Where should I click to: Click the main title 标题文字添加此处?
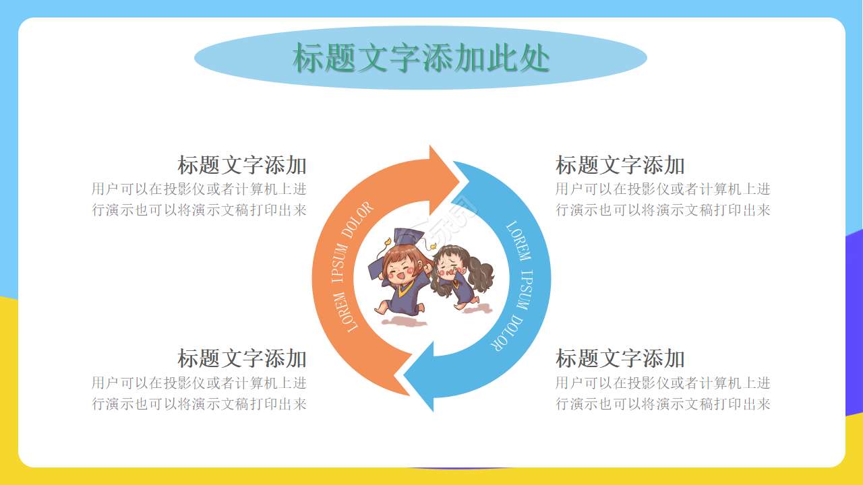point(421,58)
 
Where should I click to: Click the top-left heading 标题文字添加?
point(242,165)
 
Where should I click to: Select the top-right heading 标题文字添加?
point(620,165)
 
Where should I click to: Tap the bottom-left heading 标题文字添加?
point(242,358)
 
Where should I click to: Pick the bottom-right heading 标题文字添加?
point(620,358)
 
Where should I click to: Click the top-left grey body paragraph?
point(200,199)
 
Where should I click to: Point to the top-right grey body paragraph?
point(663,199)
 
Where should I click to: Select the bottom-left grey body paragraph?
point(200,393)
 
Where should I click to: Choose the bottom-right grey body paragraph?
point(663,393)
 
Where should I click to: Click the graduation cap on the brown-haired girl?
point(405,238)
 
